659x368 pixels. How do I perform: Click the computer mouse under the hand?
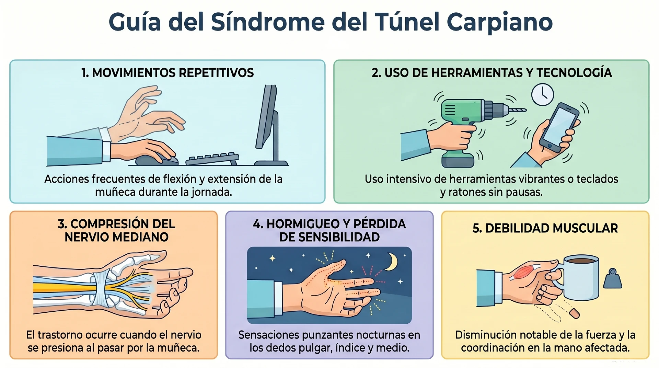click(x=153, y=160)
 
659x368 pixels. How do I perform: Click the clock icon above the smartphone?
click(x=543, y=95)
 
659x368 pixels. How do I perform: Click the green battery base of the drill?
click(x=458, y=160)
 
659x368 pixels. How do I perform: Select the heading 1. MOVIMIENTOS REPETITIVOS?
click(x=167, y=73)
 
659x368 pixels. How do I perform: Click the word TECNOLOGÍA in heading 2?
click(x=574, y=73)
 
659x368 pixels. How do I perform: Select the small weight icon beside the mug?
click(x=613, y=279)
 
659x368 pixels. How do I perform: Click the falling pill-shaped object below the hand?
click(x=574, y=313)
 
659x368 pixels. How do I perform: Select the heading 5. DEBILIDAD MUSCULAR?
click(x=545, y=228)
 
